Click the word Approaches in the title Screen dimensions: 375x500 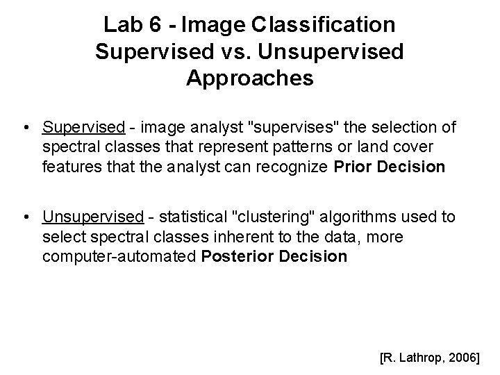click(x=250, y=78)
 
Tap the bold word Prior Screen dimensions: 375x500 click(x=354, y=167)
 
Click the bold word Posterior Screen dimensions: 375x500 click(x=232, y=256)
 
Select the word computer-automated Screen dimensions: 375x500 click(x=119, y=256)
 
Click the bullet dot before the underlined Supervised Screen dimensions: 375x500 click(x=26, y=128)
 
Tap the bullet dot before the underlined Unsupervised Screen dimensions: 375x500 click(x=26, y=218)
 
